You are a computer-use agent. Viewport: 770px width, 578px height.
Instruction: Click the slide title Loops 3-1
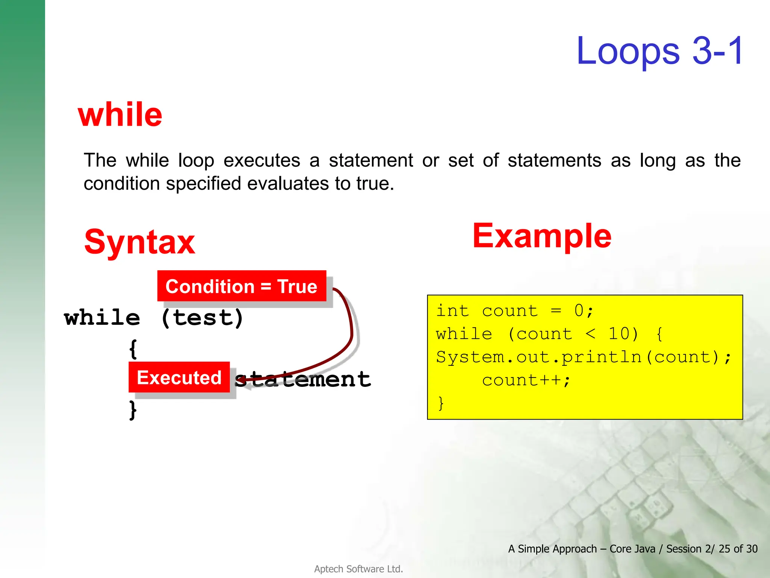click(x=659, y=51)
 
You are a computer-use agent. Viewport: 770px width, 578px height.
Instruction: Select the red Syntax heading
click(x=139, y=242)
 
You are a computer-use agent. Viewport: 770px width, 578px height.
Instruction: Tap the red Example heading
click(x=542, y=236)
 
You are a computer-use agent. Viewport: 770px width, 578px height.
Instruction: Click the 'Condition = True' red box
click(x=241, y=286)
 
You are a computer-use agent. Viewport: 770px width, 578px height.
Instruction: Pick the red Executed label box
click(x=179, y=377)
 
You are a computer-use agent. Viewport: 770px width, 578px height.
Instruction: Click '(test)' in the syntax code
click(x=202, y=318)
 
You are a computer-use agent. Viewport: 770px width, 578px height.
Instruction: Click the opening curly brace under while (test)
click(x=133, y=349)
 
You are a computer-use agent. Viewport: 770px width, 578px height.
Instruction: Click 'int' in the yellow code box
click(x=452, y=311)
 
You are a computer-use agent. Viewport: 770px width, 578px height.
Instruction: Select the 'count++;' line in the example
click(x=526, y=380)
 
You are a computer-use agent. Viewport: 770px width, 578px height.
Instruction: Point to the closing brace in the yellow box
click(x=441, y=403)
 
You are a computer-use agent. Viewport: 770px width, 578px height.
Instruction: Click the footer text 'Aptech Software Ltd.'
click(x=358, y=569)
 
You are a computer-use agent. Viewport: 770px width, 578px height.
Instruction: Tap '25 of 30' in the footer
click(x=738, y=549)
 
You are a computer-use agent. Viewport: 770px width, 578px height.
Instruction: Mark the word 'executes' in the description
click(x=262, y=161)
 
